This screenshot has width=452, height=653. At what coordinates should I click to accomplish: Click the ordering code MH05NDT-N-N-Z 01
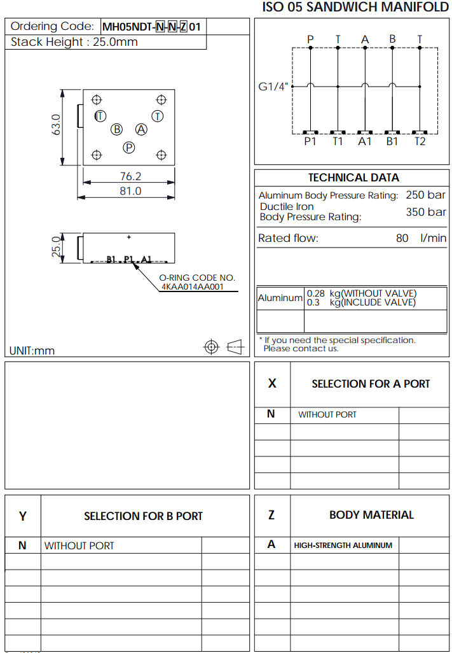click(151, 27)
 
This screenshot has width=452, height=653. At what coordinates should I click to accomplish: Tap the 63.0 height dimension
click(56, 125)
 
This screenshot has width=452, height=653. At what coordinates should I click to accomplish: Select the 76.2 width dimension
click(130, 176)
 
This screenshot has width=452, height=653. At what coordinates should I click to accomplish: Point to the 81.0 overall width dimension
click(130, 190)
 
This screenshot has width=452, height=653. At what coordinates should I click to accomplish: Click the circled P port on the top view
click(129, 148)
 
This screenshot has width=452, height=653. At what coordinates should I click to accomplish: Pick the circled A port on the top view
click(141, 129)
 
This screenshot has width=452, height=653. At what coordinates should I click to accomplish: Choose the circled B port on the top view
click(117, 129)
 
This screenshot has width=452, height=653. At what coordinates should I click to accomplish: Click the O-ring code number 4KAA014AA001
click(193, 286)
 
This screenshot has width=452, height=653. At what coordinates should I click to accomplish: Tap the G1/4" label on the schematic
click(274, 87)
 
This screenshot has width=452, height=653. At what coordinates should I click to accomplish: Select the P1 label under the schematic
click(310, 141)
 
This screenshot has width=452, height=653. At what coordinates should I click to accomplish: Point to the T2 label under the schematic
click(420, 141)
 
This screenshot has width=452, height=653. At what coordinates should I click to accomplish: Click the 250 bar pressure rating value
click(425, 195)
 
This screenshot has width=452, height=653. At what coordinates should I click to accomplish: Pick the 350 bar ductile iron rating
click(425, 212)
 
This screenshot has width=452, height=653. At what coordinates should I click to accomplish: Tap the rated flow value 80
click(402, 239)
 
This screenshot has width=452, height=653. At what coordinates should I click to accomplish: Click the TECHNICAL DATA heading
click(353, 178)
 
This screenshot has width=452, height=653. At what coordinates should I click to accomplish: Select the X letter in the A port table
click(272, 383)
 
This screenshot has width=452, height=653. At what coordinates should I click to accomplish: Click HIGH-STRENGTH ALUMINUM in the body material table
click(343, 545)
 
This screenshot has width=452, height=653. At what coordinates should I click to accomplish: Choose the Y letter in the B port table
click(23, 516)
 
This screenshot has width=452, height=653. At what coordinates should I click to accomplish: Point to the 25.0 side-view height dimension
click(56, 248)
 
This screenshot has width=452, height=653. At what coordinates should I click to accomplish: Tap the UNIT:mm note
click(32, 351)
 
